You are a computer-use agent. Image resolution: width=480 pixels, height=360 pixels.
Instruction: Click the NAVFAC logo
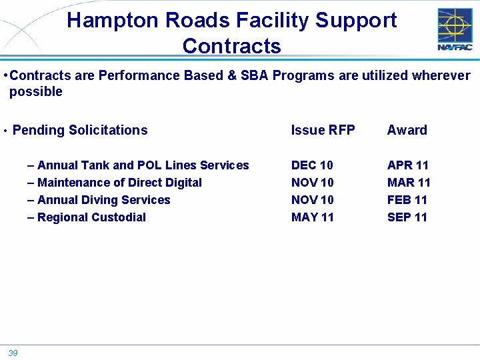point(455,29)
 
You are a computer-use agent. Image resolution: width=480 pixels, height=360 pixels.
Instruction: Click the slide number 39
point(13,353)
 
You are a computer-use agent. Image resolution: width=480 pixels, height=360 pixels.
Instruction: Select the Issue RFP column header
point(323,130)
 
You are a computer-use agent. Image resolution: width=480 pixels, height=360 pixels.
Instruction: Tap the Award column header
point(407,130)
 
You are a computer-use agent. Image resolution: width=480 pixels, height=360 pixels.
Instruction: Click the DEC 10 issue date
point(312,165)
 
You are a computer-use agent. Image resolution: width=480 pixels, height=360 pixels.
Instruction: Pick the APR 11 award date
point(408,165)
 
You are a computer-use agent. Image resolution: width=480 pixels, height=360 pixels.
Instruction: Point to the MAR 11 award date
point(409,183)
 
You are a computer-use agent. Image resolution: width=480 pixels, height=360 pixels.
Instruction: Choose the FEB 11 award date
point(407,200)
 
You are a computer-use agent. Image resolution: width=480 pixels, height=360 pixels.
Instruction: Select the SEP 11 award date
point(407,217)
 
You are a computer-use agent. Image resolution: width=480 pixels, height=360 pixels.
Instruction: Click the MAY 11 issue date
point(313,217)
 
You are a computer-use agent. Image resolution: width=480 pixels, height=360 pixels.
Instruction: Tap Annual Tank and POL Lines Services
point(143,165)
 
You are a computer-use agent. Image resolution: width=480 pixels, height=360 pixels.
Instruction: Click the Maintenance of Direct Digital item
point(119,183)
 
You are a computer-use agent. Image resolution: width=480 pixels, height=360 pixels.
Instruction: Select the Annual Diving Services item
point(103,200)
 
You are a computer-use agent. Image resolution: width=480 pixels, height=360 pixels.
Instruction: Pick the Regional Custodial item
point(91,217)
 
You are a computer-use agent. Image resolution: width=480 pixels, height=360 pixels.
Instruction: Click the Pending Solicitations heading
point(80,130)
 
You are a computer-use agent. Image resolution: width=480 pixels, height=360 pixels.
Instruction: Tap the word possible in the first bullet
point(36,92)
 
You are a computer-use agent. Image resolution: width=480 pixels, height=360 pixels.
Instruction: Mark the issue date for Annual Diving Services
point(312,200)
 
